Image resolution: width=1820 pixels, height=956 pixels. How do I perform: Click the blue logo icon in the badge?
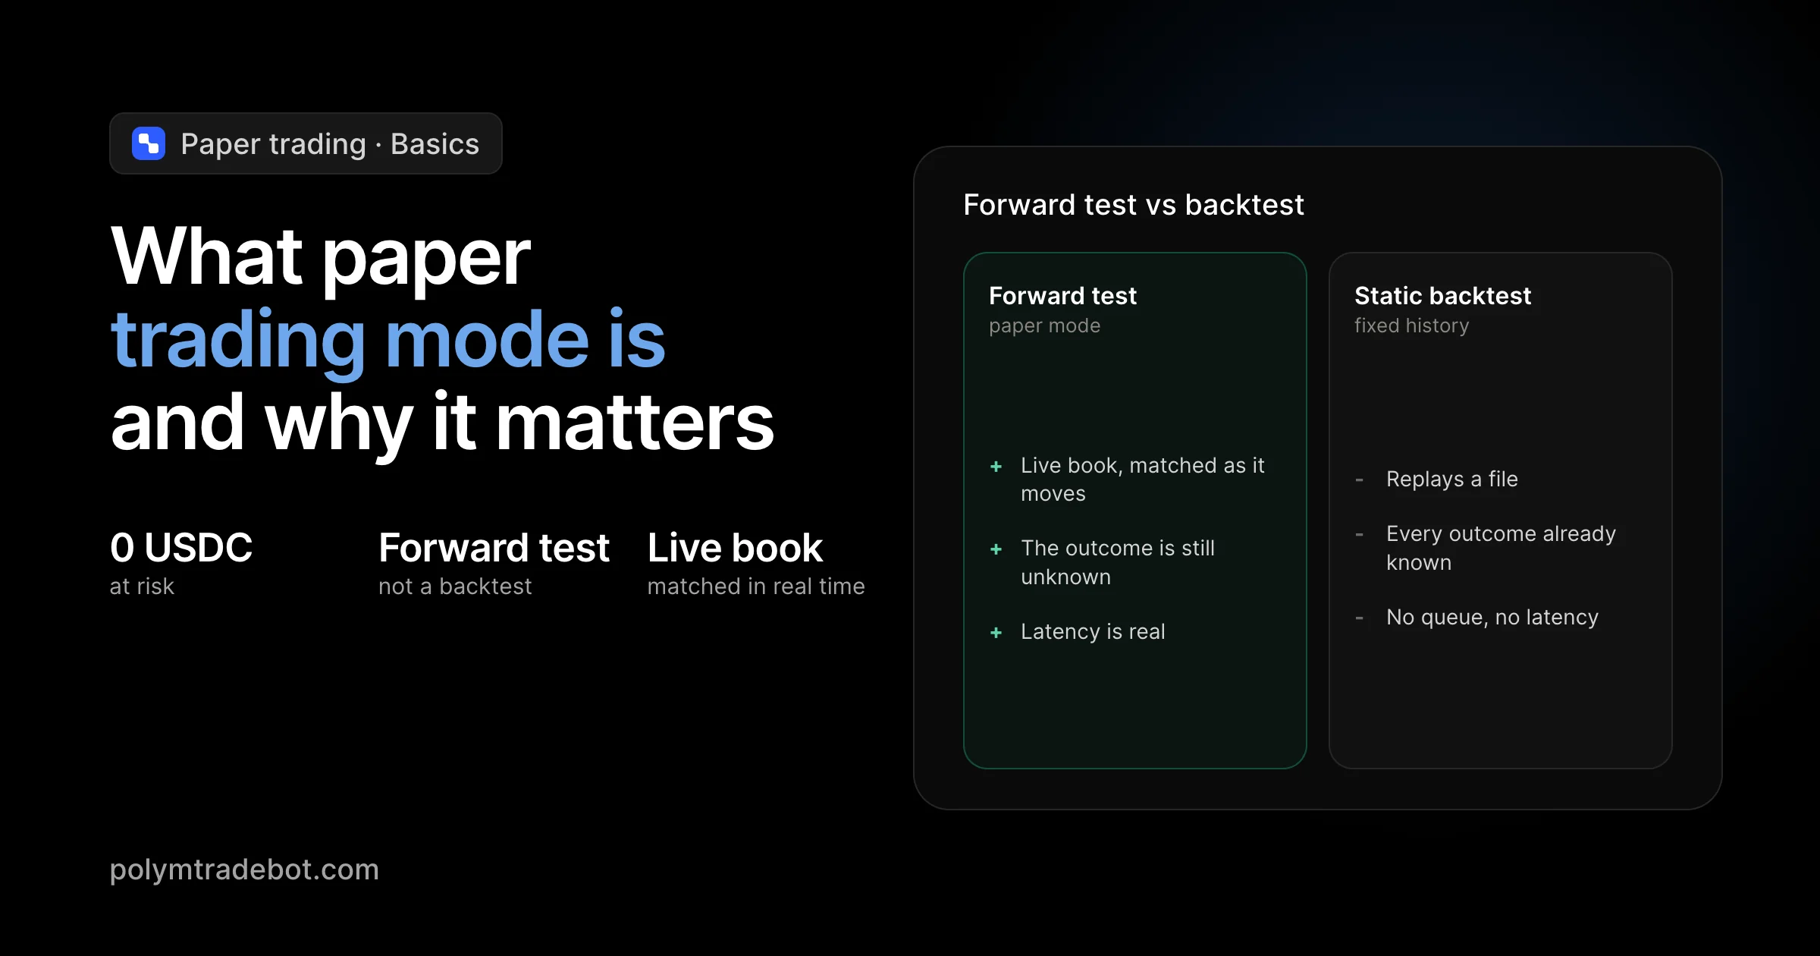(x=149, y=143)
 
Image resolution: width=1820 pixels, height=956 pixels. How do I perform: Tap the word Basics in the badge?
(x=435, y=144)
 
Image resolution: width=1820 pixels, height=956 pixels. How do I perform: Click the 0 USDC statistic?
(x=181, y=548)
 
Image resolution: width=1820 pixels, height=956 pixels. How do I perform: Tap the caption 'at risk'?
(x=142, y=586)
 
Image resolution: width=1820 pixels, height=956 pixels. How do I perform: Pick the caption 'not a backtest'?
(x=455, y=586)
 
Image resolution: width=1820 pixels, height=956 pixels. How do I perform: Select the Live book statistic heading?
(x=735, y=548)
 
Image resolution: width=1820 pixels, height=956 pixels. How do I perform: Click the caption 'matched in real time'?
(x=756, y=586)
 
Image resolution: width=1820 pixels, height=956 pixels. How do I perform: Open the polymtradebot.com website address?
(x=244, y=870)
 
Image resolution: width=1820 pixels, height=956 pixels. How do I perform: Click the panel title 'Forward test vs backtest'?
(x=1134, y=205)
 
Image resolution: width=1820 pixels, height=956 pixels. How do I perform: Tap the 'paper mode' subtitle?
(x=1044, y=326)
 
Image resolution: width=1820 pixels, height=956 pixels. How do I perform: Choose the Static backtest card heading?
(x=1443, y=296)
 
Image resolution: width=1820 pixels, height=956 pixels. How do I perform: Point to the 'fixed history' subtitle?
(x=1412, y=326)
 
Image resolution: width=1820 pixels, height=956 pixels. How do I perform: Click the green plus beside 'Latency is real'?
(x=996, y=633)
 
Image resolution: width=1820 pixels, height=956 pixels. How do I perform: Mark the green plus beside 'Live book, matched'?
(x=996, y=467)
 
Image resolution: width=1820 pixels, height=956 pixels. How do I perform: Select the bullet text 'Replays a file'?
(x=1452, y=480)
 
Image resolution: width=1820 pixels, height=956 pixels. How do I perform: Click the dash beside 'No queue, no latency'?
(x=1360, y=618)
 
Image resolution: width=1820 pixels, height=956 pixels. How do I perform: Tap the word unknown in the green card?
(x=1065, y=577)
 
